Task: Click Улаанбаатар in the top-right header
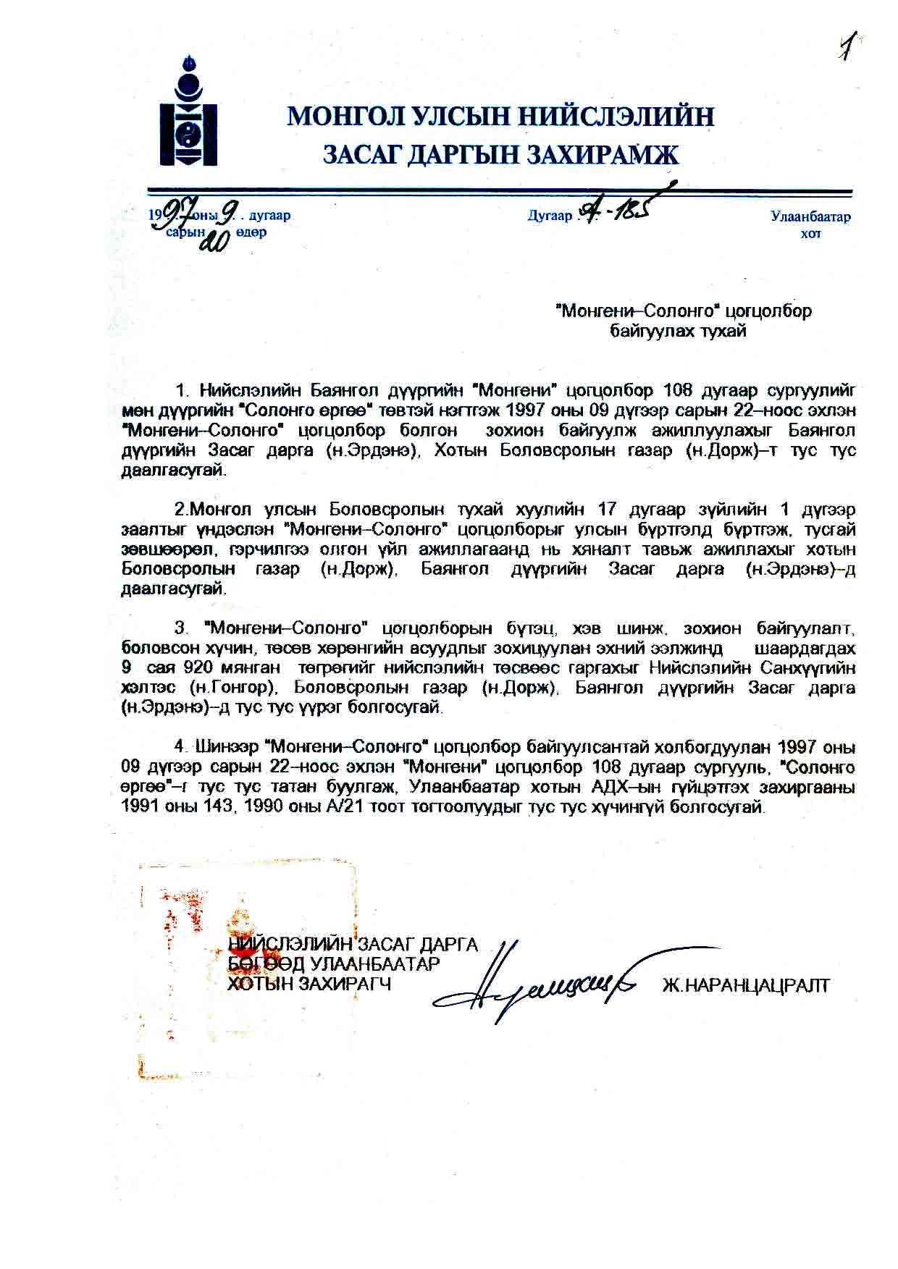(810, 216)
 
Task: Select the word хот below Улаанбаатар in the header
(810, 235)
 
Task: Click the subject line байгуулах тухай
(678, 332)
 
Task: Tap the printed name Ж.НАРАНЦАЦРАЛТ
(746, 985)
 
